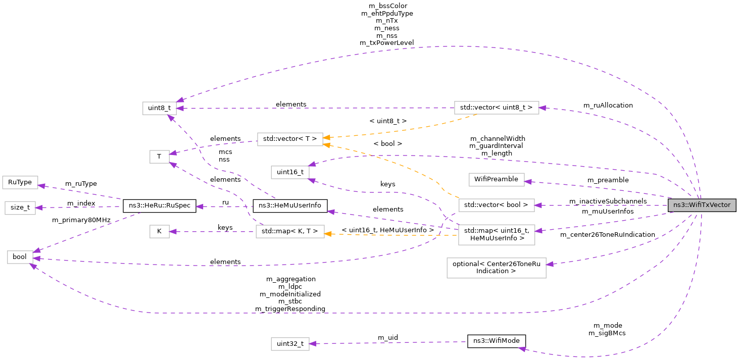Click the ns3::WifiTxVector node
point(702,205)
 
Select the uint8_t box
point(160,108)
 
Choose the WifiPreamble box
point(497,179)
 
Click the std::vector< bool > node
point(497,205)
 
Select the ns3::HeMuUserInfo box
point(290,205)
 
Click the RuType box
point(20,182)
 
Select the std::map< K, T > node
point(290,232)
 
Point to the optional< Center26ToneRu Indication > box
point(497,268)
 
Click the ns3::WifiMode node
point(497,341)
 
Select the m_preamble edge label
point(608,180)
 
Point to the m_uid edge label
point(388,337)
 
